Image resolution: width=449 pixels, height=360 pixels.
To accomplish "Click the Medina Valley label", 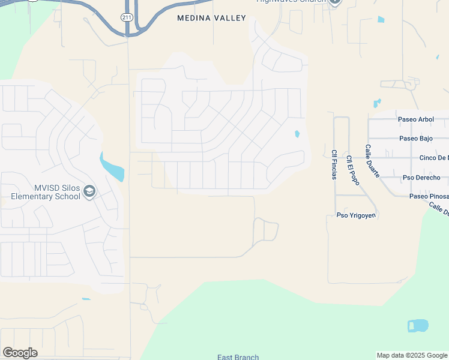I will [x=211, y=18].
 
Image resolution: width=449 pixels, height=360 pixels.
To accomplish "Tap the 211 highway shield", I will [x=127, y=17].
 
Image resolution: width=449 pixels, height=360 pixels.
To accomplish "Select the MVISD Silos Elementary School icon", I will [x=89, y=191].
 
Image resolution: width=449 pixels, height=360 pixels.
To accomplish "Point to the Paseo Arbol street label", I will [x=415, y=119].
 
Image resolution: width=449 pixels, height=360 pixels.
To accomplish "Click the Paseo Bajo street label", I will [x=416, y=139].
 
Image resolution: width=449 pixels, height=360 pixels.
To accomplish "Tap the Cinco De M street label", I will [x=434, y=158].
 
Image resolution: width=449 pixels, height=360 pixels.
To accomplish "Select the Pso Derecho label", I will [x=421, y=178].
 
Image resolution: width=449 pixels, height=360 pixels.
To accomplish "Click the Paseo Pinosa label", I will [x=429, y=196].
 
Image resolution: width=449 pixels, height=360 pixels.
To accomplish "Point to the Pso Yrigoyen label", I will [x=356, y=215].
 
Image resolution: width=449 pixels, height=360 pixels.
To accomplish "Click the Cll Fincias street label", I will [x=334, y=164].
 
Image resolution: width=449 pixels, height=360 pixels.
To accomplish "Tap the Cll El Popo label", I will [x=352, y=170].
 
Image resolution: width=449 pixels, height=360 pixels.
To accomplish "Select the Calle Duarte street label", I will [x=372, y=160].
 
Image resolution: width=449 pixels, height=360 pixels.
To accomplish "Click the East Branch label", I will [x=238, y=357].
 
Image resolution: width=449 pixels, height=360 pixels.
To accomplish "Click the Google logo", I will [x=20, y=353].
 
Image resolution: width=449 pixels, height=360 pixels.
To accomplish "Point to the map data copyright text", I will [x=412, y=355].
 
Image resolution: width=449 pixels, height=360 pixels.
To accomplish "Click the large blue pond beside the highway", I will [x=112, y=167].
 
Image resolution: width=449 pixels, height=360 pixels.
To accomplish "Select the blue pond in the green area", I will [x=418, y=326].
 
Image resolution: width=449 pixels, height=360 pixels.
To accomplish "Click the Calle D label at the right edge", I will [x=439, y=208].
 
